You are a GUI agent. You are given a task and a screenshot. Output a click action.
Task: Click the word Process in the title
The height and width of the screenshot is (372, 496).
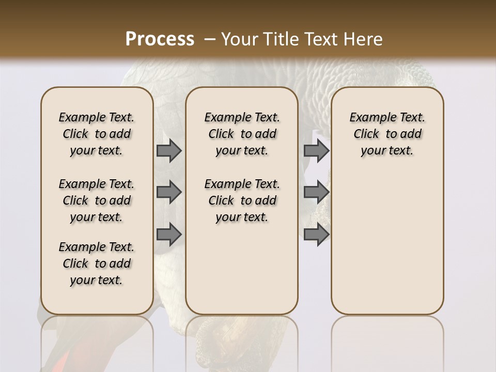[x=160, y=39]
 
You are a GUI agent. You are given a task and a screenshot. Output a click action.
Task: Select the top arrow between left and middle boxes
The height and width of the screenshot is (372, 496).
[x=169, y=150]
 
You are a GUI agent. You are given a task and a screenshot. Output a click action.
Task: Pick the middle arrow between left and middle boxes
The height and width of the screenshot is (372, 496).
[x=169, y=192]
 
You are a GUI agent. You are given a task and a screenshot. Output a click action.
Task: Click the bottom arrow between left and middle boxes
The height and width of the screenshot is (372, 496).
[x=169, y=234]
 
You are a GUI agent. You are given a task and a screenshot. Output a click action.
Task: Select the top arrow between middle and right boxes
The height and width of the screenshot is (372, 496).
[x=316, y=150]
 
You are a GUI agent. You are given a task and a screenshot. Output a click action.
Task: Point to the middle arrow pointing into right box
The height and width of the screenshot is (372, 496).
[x=316, y=192]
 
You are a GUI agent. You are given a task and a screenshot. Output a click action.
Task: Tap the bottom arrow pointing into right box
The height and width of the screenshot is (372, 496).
[x=316, y=234]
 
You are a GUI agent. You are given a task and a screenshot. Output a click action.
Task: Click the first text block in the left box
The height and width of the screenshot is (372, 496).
[x=97, y=134]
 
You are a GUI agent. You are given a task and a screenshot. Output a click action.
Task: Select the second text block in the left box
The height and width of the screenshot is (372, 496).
[x=97, y=200]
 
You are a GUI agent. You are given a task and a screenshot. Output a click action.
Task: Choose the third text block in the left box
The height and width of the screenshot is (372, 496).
[x=97, y=263]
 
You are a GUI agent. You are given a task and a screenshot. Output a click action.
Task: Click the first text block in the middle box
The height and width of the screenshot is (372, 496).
[x=242, y=134]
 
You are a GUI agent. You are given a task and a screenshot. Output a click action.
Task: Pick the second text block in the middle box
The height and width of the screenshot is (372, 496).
[x=242, y=200]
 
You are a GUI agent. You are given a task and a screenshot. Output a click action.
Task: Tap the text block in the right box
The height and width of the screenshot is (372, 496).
[x=387, y=134]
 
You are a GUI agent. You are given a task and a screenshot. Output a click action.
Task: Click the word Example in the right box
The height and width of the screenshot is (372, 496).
[x=368, y=117]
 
